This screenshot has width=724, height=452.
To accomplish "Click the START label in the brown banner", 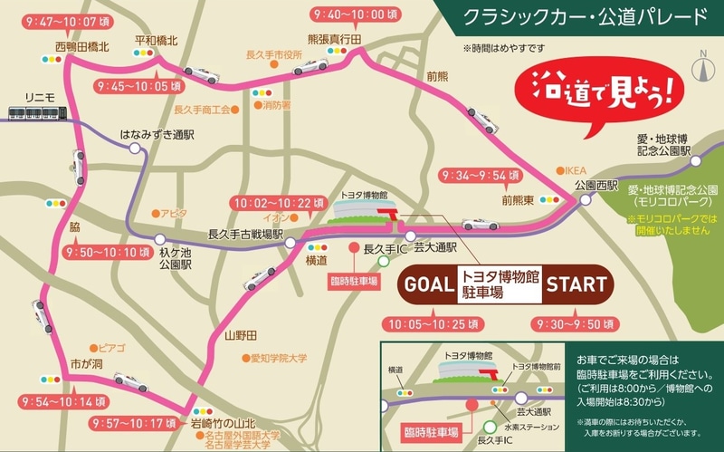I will [576, 284].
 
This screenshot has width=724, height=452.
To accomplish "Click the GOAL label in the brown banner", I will [427, 284].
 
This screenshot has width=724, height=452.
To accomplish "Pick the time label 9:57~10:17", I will [138, 423].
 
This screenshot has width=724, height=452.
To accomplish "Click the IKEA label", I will [576, 169].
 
